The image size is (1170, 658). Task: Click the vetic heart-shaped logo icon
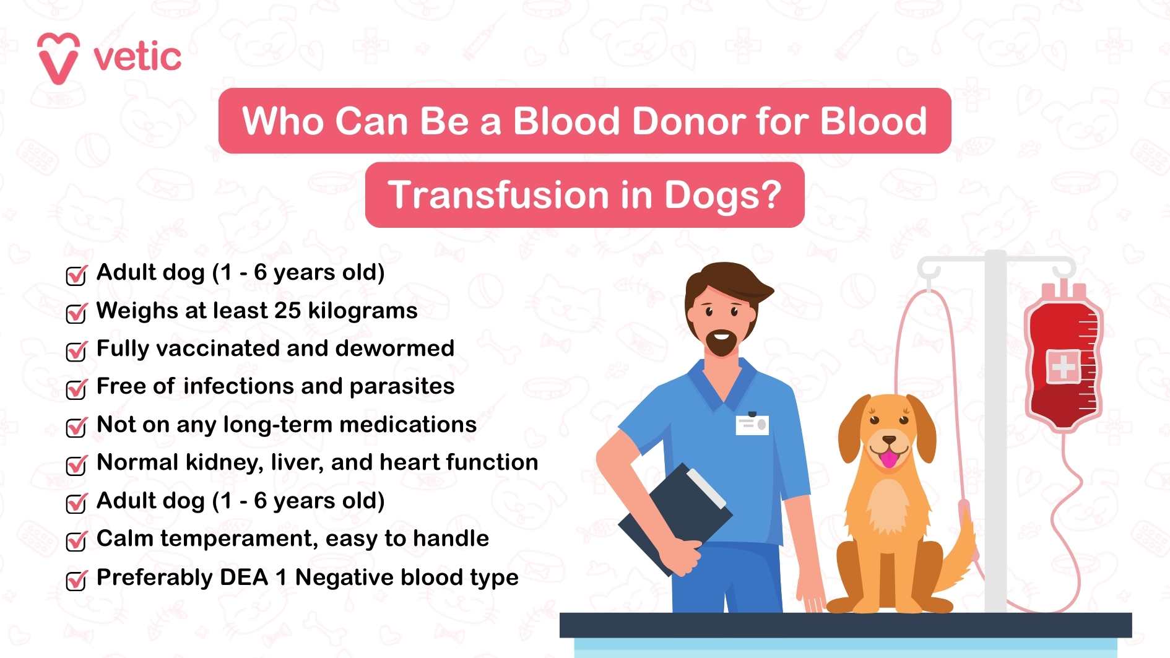click(59, 58)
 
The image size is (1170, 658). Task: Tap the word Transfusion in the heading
click(498, 195)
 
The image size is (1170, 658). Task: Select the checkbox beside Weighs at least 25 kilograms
click(76, 313)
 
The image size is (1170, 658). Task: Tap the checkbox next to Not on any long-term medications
click(76, 426)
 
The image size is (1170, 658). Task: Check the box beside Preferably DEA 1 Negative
click(76, 579)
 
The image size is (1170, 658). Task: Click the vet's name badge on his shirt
click(752, 425)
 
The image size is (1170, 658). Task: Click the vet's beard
click(721, 344)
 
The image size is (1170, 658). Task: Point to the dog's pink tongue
click(889, 459)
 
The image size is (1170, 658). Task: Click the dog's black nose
click(889, 440)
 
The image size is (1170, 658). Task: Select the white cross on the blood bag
click(1063, 367)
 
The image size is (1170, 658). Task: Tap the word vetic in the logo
click(137, 57)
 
